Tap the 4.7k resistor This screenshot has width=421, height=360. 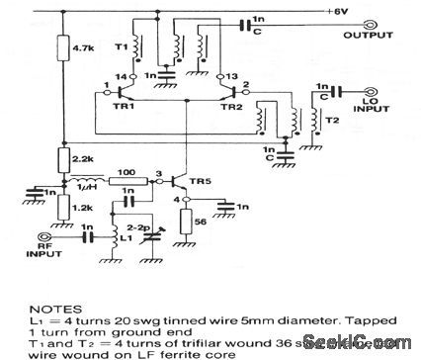click(x=62, y=46)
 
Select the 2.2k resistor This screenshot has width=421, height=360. click(x=62, y=158)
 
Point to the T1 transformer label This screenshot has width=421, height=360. click(x=121, y=45)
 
